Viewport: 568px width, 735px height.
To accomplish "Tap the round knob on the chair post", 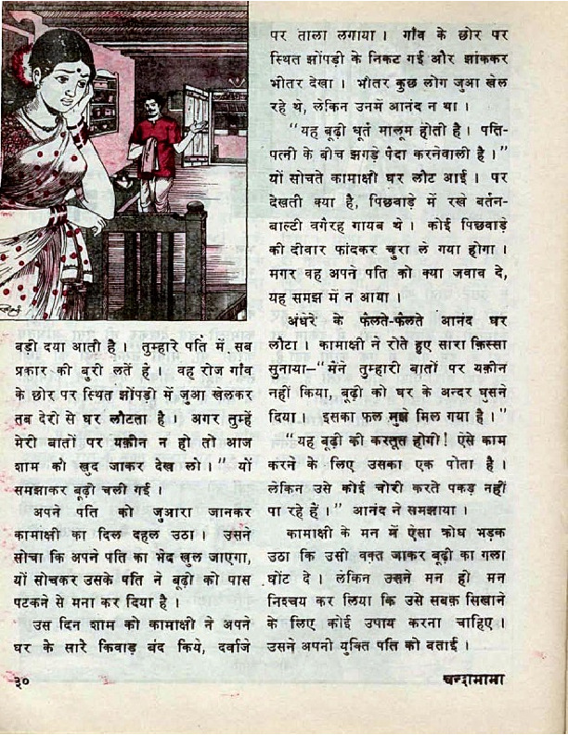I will click(195, 211).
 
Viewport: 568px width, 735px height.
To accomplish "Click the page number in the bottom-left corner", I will click(23, 686).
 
